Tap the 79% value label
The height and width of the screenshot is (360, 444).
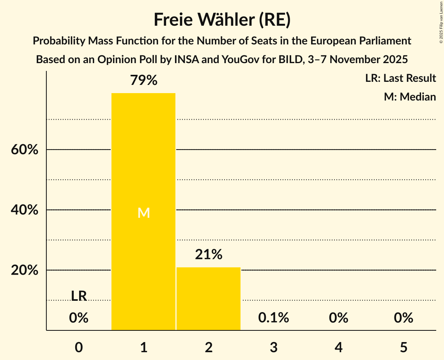coord(143,81)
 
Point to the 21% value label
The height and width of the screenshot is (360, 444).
coord(209,254)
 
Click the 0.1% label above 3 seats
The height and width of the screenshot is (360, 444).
coord(273,318)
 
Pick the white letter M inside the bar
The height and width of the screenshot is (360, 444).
coord(143,213)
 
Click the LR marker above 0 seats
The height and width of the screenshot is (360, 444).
coord(79,296)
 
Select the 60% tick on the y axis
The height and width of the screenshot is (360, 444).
coord(25,150)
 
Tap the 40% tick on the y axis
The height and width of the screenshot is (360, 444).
coord(25,210)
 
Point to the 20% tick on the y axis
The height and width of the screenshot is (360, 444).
coord(25,270)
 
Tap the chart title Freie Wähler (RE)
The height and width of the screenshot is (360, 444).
coord(222,19)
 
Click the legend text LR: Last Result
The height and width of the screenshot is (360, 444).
coord(400,78)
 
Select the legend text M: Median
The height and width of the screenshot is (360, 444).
coord(410,97)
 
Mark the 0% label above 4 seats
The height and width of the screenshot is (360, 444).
coord(338,318)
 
